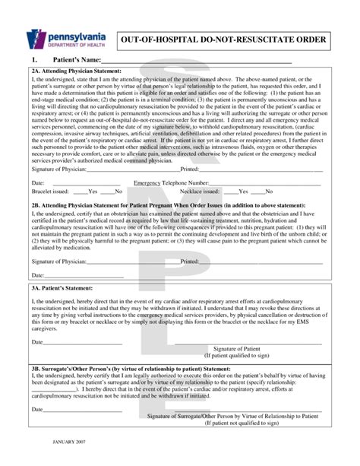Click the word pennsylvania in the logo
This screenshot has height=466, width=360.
coord(74,34)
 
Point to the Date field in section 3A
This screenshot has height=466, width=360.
coord(76,342)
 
